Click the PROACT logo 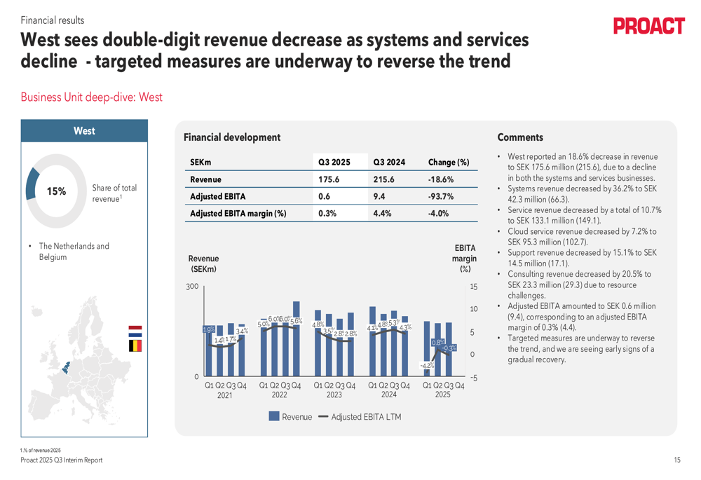(x=649, y=27)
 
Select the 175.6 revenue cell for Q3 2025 (x=329, y=179)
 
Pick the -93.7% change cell (x=441, y=196)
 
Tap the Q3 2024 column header (x=388, y=163)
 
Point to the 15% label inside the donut (x=56, y=191)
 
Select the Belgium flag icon (x=135, y=345)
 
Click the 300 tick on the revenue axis (x=192, y=287)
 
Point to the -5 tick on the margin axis (x=473, y=378)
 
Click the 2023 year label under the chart (x=334, y=395)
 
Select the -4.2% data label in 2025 (x=426, y=365)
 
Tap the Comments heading (x=520, y=137)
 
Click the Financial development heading (x=231, y=137)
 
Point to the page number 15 (x=676, y=460)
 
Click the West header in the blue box (x=84, y=131)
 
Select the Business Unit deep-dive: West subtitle (x=91, y=97)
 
